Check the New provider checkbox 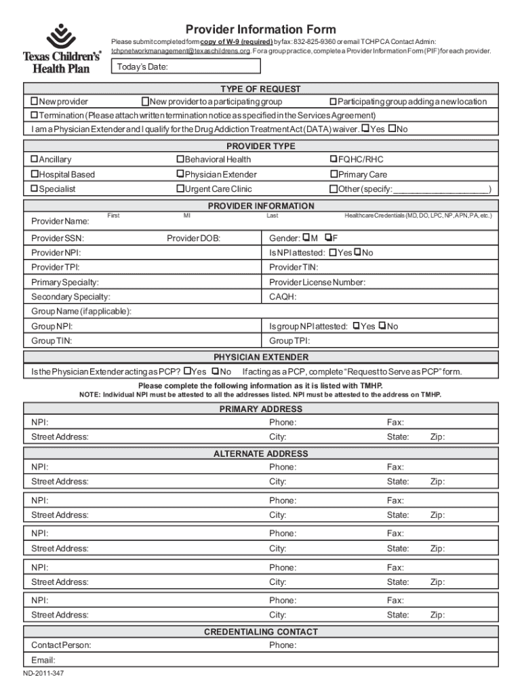34,102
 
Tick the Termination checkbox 34,115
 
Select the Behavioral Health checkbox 180,159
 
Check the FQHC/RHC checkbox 334,159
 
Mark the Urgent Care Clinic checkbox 180,189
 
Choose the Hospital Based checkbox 34,174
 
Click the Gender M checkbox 306,238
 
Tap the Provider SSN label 58,239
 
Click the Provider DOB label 193,239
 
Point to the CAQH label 283,297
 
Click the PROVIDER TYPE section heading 260,146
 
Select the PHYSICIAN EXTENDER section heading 260,357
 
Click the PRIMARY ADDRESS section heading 260,409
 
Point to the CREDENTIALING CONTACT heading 260,632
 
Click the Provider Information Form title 261,29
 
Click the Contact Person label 61,645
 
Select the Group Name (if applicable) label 81,312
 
